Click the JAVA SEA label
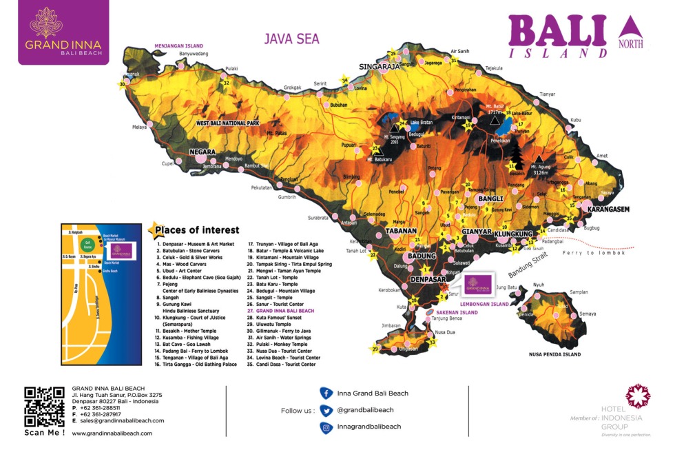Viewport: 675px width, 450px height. tap(291, 39)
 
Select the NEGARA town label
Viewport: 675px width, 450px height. tap(203, 152)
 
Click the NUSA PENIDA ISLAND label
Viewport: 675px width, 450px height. tap(554, 354)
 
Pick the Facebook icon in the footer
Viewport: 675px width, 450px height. tap(326, 393)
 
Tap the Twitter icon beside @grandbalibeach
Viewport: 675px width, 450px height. tap(326, 410)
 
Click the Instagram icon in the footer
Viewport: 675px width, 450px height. tap(326, 427)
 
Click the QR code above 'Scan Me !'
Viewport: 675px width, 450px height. tap(45, 406)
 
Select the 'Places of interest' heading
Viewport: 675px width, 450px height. tap(196, 230)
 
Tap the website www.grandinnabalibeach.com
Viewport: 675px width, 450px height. tap(112, 433)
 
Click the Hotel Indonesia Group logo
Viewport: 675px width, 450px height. tap(637, 398)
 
